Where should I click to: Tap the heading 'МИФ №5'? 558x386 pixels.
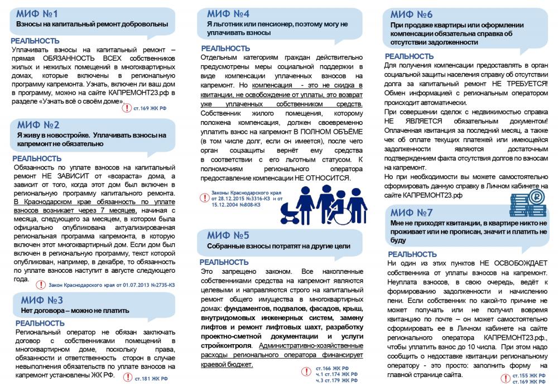[x=228, y=234]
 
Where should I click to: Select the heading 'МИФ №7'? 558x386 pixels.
[x=411, y=213]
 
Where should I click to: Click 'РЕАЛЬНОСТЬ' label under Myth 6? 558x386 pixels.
[x=409, y=56]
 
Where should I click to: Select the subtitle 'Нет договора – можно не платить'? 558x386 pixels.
[x=75, y=311]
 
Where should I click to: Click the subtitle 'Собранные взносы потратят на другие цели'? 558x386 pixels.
[x=278, y=246]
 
